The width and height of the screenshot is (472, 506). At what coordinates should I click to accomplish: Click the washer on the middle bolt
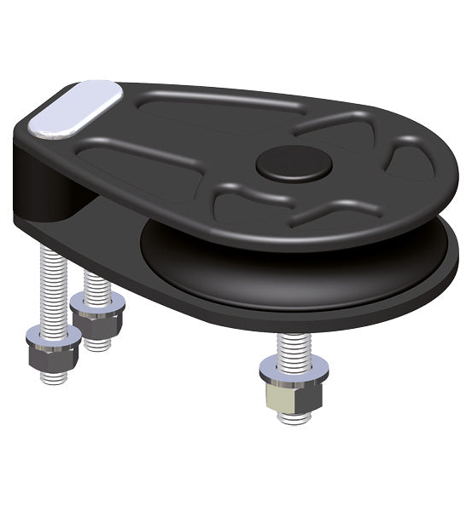pyautogui.click(x=95, y=301)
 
